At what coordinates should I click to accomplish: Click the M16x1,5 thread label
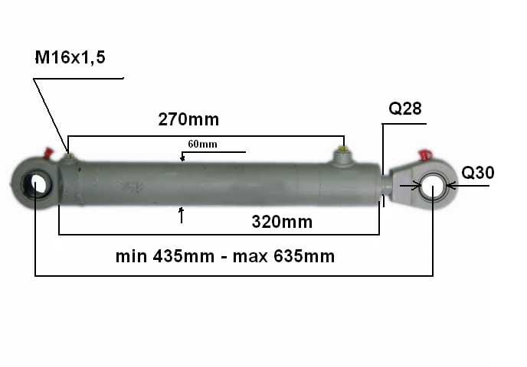click(70, 57)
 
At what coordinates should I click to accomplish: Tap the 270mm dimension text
click(188, 119)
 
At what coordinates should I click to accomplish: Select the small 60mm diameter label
click(202, 144)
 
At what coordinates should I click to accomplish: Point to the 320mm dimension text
click(282, 222)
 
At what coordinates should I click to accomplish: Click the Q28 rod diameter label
click(405, 109)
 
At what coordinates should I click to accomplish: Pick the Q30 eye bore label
click(478, 173)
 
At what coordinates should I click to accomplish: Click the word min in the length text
click(132, 256)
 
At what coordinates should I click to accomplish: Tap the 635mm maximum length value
click(304, 256)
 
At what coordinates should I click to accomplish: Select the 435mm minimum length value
click(184, 256)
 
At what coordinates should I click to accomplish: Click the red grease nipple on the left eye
click(48, 153)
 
